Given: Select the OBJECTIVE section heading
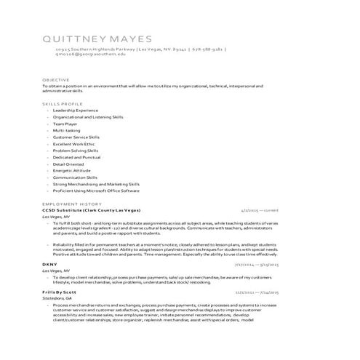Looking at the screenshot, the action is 56,79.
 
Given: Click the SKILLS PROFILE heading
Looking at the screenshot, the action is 63,104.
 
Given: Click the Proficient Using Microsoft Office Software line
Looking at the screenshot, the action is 96,191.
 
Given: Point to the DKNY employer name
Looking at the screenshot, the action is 49,263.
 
